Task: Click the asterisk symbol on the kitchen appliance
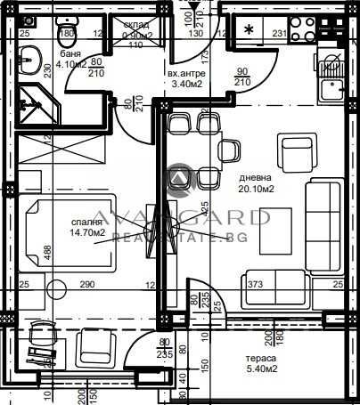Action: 247,29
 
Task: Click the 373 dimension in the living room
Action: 255,286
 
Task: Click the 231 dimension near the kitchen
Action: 279,35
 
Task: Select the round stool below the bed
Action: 57,288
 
